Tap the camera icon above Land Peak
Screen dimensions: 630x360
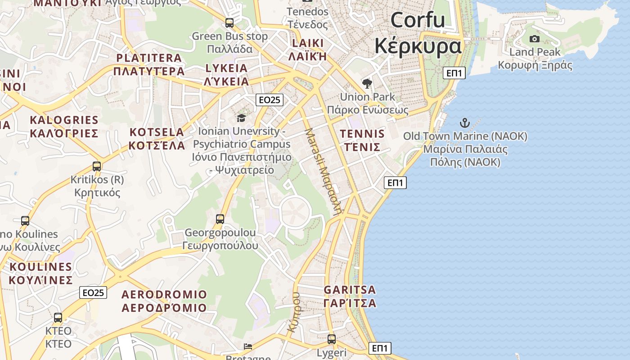535,39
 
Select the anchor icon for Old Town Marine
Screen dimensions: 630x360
464,122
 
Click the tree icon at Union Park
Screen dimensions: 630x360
367,83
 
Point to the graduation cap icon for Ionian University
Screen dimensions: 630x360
242,118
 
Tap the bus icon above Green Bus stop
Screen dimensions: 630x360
229,22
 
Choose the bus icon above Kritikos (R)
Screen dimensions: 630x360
97,166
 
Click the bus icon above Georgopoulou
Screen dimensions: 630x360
220,219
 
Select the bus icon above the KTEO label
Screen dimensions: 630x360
58,317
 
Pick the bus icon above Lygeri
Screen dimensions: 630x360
332,339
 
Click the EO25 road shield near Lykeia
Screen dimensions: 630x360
270,100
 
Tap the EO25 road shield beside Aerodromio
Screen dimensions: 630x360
94,292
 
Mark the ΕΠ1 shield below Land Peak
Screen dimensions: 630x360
454,73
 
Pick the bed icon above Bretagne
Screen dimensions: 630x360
248,346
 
